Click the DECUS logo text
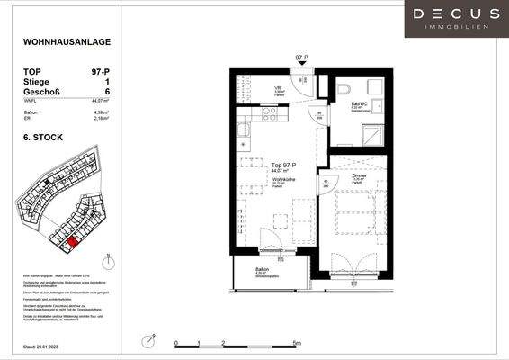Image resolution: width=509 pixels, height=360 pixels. coord(456,13)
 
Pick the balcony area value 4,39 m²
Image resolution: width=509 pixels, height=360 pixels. coord(101,112)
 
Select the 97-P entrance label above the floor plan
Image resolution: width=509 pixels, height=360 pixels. coord(301,58)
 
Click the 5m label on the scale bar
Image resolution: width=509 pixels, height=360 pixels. coord(308,344)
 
